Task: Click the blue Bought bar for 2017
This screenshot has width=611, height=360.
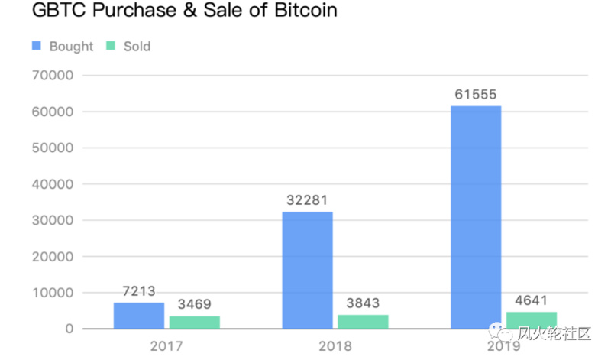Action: click(139, 316)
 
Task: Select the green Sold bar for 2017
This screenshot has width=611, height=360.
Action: click(195, 322)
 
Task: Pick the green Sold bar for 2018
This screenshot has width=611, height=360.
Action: click(363, 321)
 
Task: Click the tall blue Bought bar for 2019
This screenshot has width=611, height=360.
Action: click(476, 217)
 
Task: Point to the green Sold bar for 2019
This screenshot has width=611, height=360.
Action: click(532, 319)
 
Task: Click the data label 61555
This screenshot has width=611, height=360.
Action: click(476, 95)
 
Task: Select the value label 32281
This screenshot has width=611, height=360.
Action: click(307, 200)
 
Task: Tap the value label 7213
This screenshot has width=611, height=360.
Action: click(139, 291)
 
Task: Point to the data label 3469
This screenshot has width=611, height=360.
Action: click(195, 305)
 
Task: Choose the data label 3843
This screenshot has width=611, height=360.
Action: click(363, 303)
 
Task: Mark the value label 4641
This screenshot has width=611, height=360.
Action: click(532, 300)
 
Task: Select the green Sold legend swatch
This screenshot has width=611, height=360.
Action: click(111, 46)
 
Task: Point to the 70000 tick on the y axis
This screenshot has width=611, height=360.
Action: click(51, 76)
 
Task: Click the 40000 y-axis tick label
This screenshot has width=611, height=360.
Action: click(51, 184)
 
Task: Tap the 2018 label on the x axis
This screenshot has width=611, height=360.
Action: click(335, 345)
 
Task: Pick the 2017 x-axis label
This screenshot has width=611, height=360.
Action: click(166, 345)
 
